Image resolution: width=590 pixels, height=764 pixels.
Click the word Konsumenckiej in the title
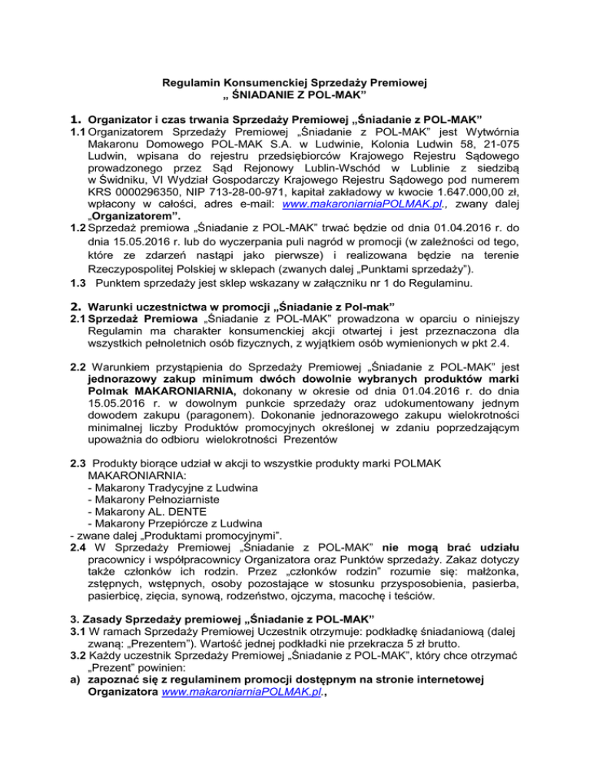coord(267,82)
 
